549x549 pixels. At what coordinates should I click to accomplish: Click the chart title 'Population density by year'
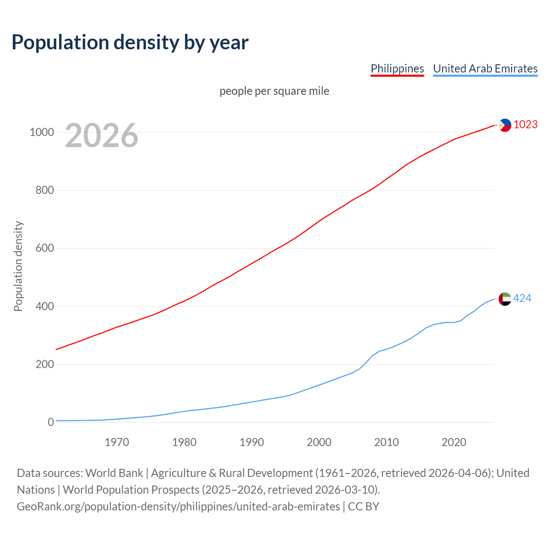(x=130, y=42)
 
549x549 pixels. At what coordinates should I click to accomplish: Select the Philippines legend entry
(x=397, y=69)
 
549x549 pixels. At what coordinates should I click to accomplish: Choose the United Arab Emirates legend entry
(x=485, y=69)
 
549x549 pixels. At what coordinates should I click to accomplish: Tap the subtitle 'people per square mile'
(x=274, y=91)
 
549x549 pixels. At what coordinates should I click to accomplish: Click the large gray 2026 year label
(x=102, y=136)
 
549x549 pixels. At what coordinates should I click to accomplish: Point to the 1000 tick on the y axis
(x=42, y=132)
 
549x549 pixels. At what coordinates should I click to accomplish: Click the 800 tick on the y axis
(x=45, y=190)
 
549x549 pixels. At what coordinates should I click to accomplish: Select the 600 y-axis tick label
(x=45, y=248)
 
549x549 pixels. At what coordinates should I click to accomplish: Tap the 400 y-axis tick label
(x=45, y=306)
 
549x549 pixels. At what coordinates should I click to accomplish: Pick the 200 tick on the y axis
(x=45, y=365)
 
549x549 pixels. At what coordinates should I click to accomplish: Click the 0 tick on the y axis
(x=51, y=422)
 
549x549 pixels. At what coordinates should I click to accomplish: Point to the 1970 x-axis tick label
(x=117, y=442)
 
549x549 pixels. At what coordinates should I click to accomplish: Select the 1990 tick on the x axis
(x=252, y=442)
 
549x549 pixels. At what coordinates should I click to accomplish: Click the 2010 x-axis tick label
(x=386, y=442)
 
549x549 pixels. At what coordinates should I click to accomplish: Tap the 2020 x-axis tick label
(x=454, y=442)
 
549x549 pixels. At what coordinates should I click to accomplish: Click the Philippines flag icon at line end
(x=505, y=125)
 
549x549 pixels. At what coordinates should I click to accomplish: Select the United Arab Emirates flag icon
(x=505, y=299)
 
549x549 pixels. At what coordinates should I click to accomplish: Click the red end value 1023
(x=525, y=125)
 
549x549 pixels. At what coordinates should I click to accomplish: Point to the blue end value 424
(x=522, y=298)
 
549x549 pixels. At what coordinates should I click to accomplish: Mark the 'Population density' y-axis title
(x=18, y=266)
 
